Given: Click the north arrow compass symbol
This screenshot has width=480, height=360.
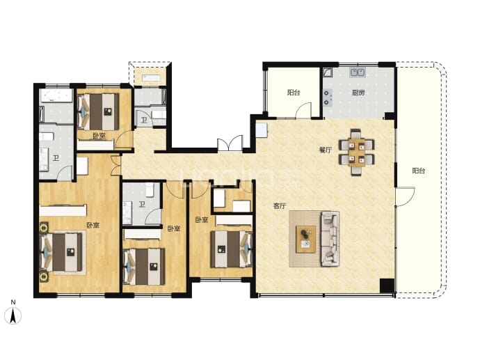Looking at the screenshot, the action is click(x=13, y=315).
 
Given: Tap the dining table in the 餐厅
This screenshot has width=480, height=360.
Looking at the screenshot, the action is click(x=356, y=152).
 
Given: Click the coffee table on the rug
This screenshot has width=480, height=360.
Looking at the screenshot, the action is click(x=305, y=239).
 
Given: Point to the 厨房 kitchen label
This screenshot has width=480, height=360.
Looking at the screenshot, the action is click(x=358, y=92).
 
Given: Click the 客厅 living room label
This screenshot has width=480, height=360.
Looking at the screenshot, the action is click(x=280, y=205).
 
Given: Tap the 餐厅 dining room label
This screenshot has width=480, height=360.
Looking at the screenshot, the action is click(x=326, y=150).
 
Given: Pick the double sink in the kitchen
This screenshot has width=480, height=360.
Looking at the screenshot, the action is click(x=358, y=72).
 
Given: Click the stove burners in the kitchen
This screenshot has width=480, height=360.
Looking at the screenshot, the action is click(x=327, y=97).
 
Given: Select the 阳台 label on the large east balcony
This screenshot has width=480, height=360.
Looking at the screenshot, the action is click(x=418, y=171).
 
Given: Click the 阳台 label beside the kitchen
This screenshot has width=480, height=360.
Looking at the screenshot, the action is click(x=294, y=92).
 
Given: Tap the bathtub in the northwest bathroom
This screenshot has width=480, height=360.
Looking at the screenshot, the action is click(x=56, y=95).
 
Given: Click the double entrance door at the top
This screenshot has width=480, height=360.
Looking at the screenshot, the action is click(x=230, y=143).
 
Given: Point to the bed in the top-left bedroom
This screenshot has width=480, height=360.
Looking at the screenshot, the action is click(x=98, y=111).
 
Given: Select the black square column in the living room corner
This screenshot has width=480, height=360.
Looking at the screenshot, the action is click(x=387, y=286).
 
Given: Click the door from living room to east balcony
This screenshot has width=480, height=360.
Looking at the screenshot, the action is click(x=405, y=196).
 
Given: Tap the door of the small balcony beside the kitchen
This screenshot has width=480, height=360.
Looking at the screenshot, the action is click(x=303, y=111).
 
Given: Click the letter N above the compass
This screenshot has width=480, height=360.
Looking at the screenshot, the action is click(x=13, y=302).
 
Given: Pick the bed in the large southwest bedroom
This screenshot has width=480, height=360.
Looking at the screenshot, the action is click(x=62, y=252).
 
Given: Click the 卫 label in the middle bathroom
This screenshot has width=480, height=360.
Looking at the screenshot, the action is click(x=142, y=204).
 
